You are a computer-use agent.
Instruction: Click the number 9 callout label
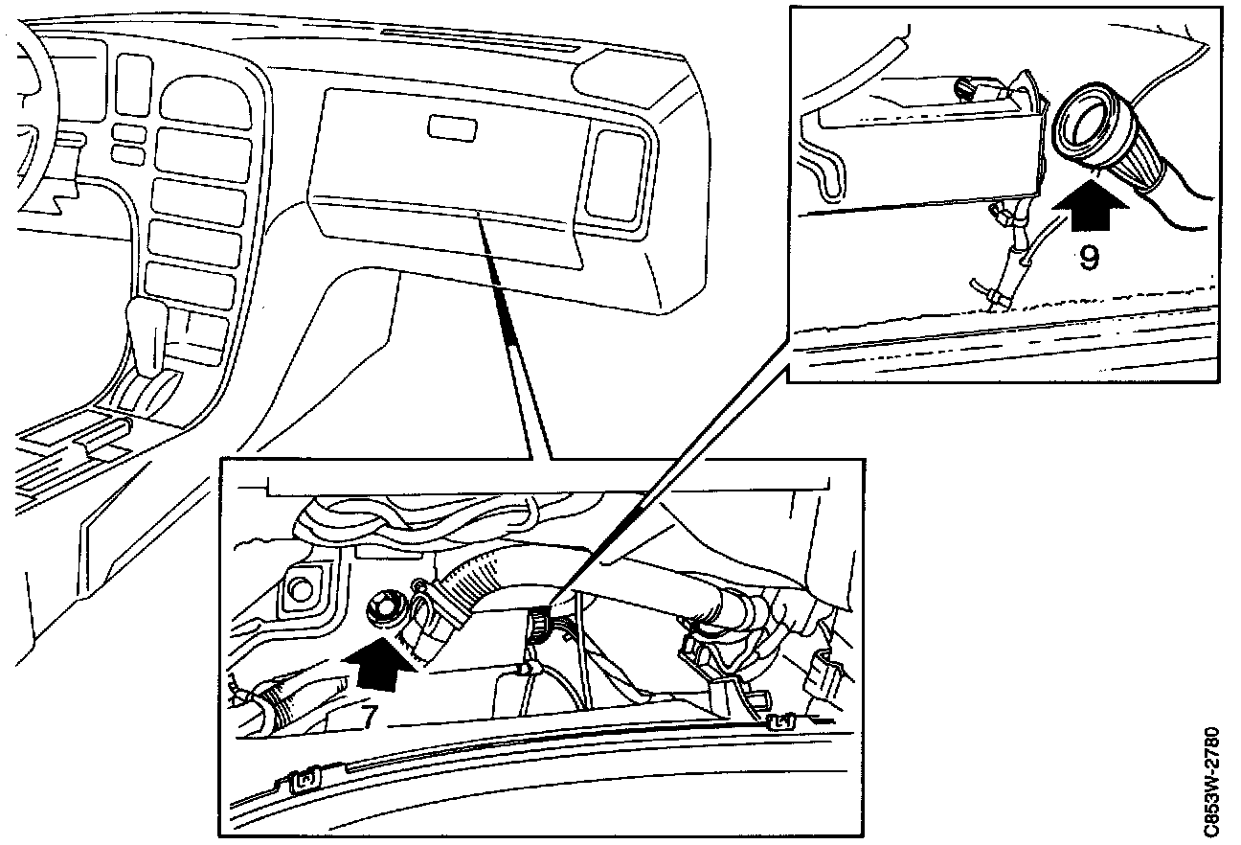coord(1089,259)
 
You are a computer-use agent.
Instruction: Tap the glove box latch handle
coord(452,127)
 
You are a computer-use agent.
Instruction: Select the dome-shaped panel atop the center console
coord(206,101)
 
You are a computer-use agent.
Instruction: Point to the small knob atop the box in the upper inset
coord(964,89)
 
